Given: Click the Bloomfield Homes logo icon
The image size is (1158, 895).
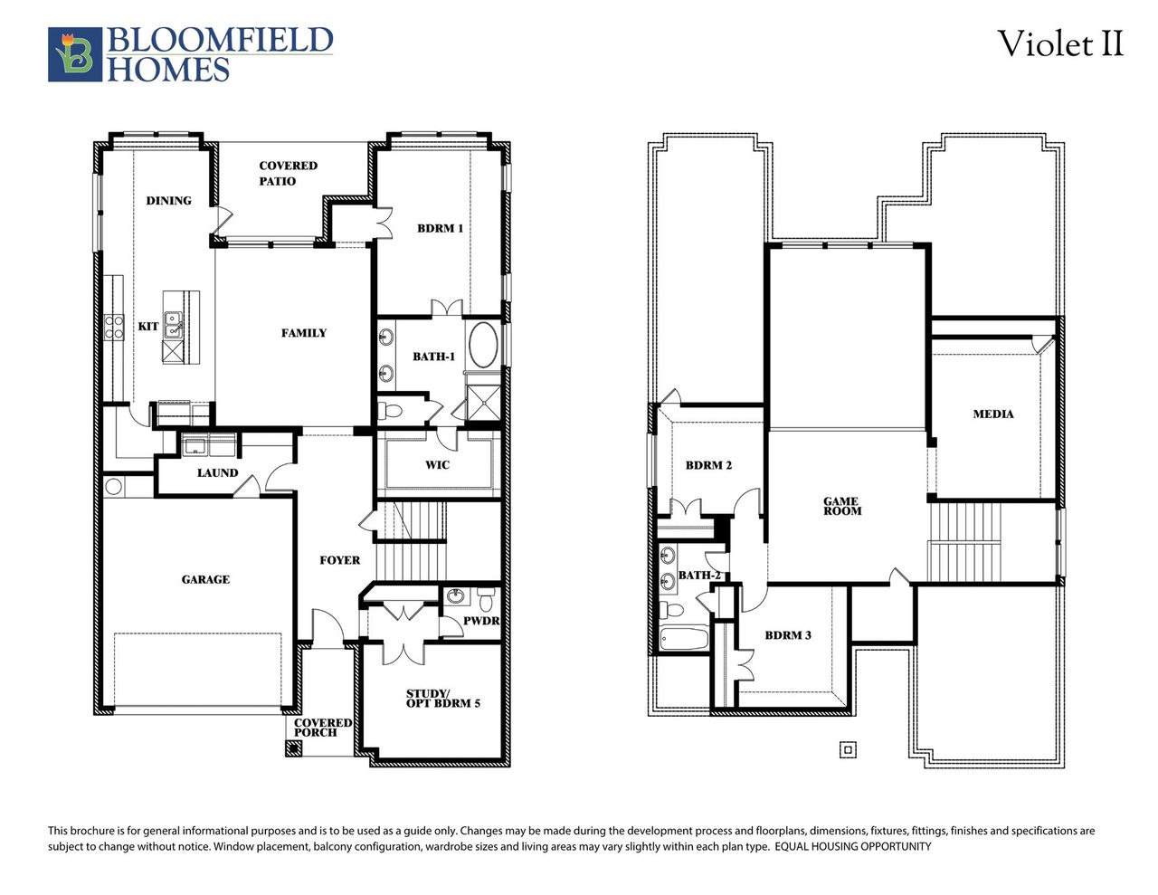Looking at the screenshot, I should tap(75, 55).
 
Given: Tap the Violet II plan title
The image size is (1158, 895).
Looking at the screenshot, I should tap(1059, 43).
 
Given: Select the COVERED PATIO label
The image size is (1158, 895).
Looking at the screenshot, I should tap(288, 173).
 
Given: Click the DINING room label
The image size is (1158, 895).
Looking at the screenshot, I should tap(168, 200).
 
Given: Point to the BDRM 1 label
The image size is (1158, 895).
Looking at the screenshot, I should tap(440, 228).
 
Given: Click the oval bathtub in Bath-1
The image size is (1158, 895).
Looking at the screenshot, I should tap(483, 345).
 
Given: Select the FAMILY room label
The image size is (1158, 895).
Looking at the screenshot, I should tap(303, 333).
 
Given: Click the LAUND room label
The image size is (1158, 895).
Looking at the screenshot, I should tap(217, 472).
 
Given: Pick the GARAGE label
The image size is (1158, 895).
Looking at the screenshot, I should tap(205, 579).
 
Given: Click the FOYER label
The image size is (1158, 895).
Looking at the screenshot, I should tap(339, 560).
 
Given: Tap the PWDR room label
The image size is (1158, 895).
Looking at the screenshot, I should tap(480, 621).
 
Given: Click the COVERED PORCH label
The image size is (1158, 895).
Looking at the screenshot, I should tap(322, 728).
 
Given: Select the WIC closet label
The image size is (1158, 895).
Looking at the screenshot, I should tap(437, 465).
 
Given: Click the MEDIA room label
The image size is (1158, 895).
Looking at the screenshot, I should tap(992, 414).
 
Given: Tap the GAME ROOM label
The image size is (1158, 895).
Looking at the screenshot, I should tap(841, 506).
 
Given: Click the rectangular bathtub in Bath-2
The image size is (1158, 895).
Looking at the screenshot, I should tap(683, 638).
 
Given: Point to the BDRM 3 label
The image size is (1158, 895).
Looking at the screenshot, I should tap(787, 635).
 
